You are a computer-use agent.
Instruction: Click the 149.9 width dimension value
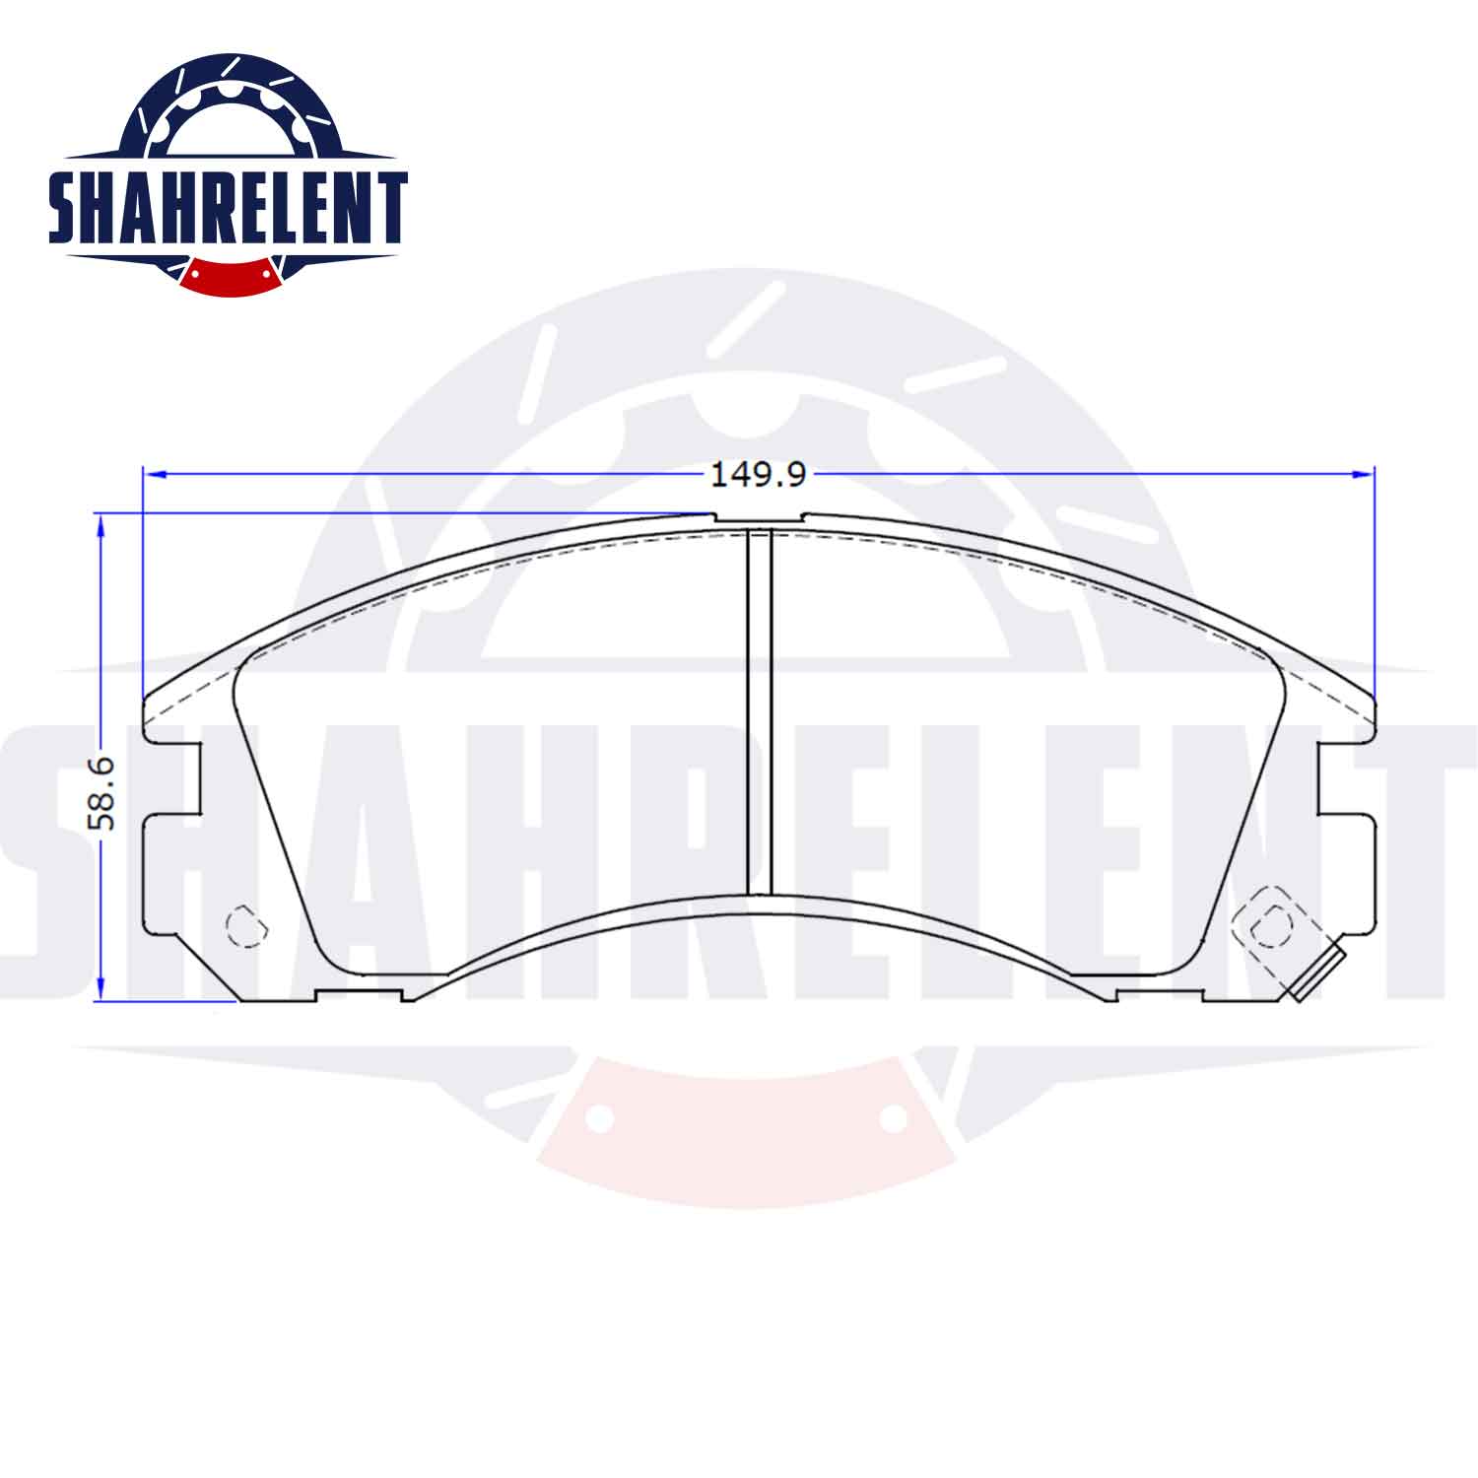(759, 475)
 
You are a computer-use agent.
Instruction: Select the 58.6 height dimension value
(102, 792)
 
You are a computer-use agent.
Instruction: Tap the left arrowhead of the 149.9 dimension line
(152, 474)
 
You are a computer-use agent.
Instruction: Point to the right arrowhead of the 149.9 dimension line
(1365, 474)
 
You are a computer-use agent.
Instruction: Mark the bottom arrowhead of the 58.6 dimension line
(100, 989)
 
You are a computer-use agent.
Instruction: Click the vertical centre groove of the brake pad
(759, 711)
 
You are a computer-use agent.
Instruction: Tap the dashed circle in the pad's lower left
(246, 926)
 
